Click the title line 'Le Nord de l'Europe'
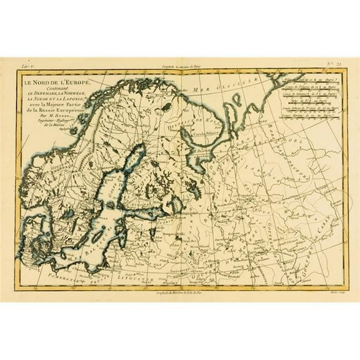click(58, 83)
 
